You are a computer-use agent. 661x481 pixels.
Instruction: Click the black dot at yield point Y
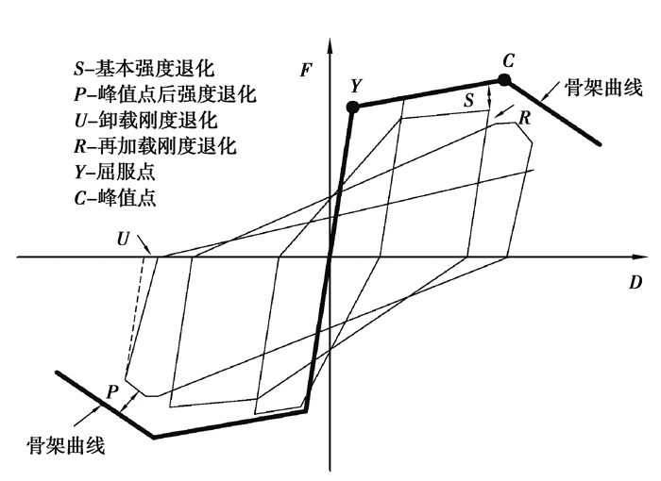[x=353, y=108]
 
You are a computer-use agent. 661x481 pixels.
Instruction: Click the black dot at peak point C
[x=504, y=80]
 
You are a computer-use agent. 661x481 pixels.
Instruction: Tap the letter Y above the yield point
[x=355, y=86]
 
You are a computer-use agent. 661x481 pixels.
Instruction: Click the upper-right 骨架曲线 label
[x=604, y=88]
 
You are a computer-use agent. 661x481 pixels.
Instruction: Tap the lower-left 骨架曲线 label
[x=66, y=444]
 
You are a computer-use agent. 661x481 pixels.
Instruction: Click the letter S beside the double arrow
[x=469, y=98]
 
